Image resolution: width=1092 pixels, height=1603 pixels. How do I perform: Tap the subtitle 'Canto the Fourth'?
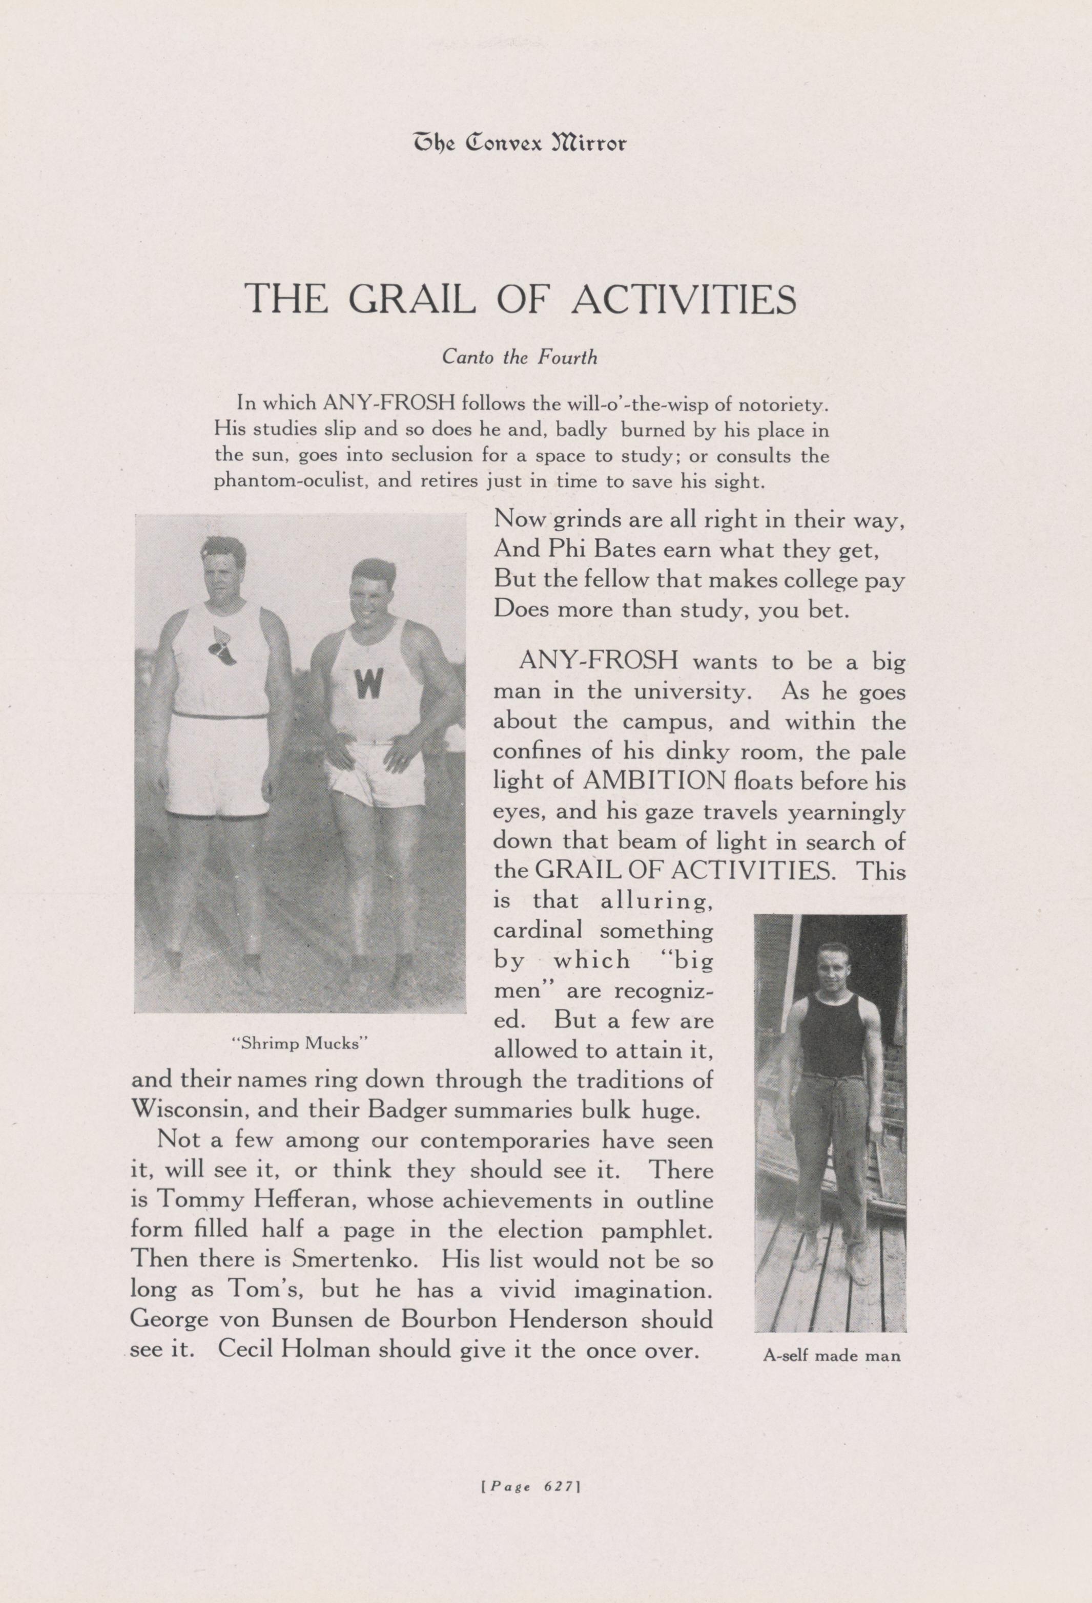click(519, 357)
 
